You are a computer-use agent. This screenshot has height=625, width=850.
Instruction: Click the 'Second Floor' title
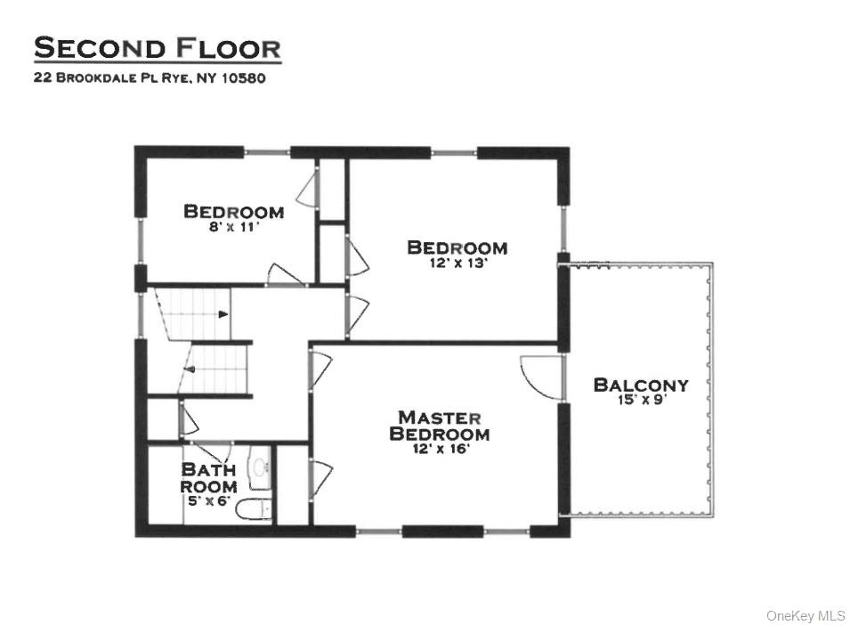click(x=157, y=48)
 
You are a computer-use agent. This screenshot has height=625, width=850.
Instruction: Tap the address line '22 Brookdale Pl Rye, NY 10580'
click(x=150, y=77)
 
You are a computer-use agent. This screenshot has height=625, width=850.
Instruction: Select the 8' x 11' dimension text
click(x=233, y=226)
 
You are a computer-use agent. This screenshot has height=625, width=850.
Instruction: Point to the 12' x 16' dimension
click(x=440, y=449)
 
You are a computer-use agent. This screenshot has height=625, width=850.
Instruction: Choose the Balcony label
click(x=641, y=386)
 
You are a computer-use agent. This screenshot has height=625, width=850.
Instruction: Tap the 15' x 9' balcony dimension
click(x=641, y=401)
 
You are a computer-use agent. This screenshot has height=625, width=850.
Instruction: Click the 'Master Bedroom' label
click(x=440, y=426)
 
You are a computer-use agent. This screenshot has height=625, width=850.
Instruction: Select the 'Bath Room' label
click(x=208, y=478)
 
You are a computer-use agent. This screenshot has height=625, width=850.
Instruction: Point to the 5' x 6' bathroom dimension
click(x=208, y=499)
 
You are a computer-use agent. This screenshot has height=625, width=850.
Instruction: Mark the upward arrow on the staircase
click(x=189, y=366)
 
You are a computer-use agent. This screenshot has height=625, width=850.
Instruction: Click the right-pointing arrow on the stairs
click(x=223, y=313)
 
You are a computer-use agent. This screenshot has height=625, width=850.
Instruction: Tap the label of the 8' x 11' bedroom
click(x=233, y=212)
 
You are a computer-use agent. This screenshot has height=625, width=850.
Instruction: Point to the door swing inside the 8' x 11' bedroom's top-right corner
click(x=307, y=189)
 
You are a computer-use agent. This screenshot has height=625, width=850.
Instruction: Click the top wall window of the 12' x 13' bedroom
click(x=454, y=152)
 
